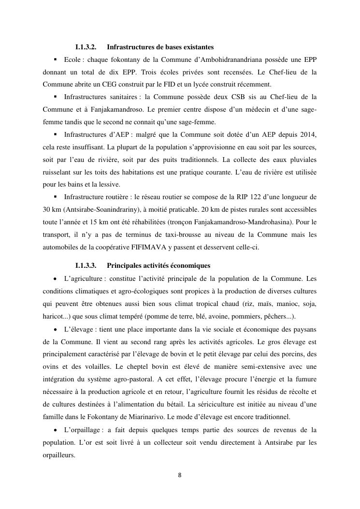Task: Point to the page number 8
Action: click(180, 475)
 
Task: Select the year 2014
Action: click(308, 134)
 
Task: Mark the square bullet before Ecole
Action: click(56, 59)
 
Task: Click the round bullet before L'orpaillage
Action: click(56, 429)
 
